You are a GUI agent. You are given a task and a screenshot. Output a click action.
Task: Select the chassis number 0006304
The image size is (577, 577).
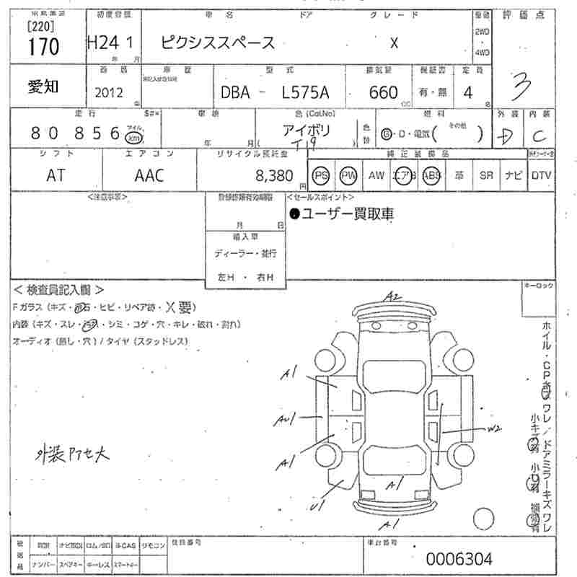pos(459,558)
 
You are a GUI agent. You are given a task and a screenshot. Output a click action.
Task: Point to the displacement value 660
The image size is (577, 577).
pos(383,92)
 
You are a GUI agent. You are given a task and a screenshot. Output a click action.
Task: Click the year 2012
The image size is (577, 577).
pos(109,92)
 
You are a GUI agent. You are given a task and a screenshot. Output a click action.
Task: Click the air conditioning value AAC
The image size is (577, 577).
pos(149,175)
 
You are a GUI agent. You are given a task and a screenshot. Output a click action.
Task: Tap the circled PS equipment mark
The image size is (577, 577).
pos(321,175)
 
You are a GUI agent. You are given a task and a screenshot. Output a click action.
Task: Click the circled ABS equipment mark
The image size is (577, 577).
pos(431,175)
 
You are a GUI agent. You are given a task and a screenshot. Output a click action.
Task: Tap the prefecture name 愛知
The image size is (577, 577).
pos(43,87)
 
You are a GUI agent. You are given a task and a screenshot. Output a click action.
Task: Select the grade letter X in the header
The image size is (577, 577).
pos(394,43)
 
